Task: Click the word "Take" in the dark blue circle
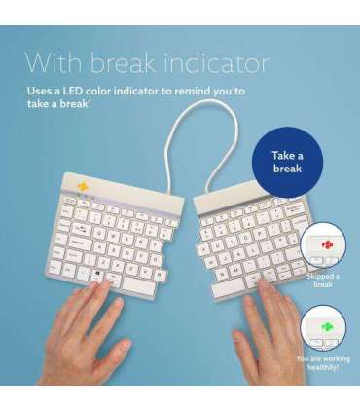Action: coord(287,155)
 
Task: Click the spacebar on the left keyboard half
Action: coord(126,280)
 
